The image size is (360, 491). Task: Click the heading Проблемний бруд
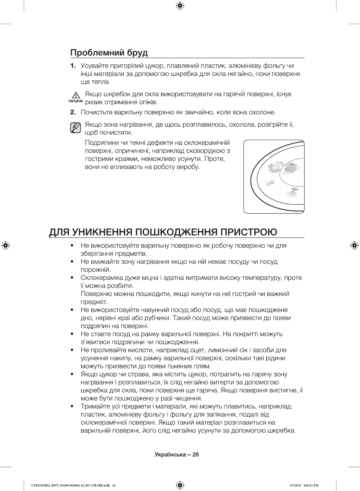pyautogui.click(x=109, y=53)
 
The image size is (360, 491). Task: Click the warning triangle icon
pyautogui.click(x=76, y=95)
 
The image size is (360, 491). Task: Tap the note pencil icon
pyautogui.click(x=75, y=128)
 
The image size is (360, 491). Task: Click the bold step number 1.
pyautogui.click(x=73, y=66)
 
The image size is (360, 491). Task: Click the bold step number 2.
pyautogui.click(x=73, y=112)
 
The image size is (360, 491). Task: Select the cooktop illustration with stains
pyautogui.click(x=274, y=176)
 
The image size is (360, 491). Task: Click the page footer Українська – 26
pyautogui.click(x=177, y=455)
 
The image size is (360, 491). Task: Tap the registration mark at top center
pyautogui.click(x=180, y=6)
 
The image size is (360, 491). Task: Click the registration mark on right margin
pyautogui.click(x=354, y=245)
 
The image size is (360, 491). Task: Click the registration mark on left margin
pyautogui.click(x=6, y=245)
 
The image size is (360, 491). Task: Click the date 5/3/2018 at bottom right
pyautogui.click(x=294, y=485)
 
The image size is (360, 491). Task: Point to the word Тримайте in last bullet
pyautogui.click(x=95, y=406)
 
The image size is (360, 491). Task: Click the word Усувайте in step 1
pyautogui.click(x=95, y=66)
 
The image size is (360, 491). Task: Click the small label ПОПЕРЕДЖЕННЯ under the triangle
pyautogui.click(x=75, y=101)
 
